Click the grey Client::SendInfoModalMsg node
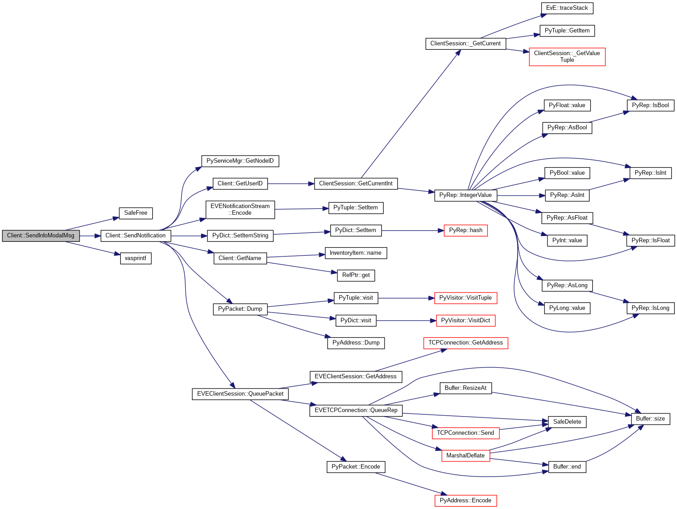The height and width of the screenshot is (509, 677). pos(41,236)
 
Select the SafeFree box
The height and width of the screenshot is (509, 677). pos(136,213)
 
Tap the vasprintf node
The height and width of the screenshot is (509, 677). pos(136,258)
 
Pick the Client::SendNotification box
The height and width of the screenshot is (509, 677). pos(135,236)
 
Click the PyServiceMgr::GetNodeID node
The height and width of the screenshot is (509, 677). pos(240,161)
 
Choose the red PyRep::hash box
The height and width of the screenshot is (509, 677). pos(466,230)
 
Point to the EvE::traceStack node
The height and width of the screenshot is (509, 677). pos(567,8)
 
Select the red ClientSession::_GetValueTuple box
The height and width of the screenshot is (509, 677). pos(567,56)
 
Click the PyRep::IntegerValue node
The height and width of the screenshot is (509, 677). pos(465,195)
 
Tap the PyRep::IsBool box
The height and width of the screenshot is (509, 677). pos(650,105)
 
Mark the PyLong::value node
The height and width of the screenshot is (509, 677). pos(567,308)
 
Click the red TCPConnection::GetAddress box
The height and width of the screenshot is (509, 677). pos(466,343)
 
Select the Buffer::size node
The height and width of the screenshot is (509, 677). pos(650,419)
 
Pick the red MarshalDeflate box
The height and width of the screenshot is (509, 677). pos(466,456)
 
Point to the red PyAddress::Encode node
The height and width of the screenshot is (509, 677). pos(466,501)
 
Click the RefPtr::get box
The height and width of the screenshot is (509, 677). pos(356,275)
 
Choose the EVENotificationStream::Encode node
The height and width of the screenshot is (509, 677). pos(240,209)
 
